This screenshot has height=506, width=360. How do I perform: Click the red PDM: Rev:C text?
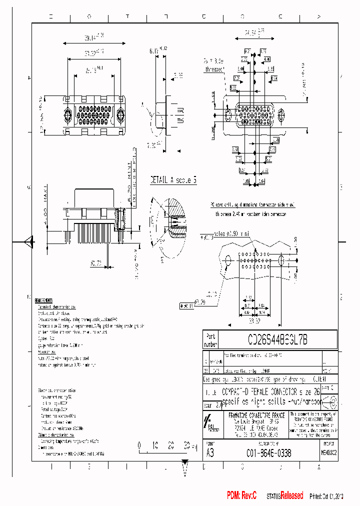coord(241,495)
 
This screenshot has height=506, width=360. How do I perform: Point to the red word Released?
coord(291,495)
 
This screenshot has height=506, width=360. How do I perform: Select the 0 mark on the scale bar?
coord(139,443)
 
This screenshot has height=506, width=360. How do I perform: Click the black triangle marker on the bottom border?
coord(185,462)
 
